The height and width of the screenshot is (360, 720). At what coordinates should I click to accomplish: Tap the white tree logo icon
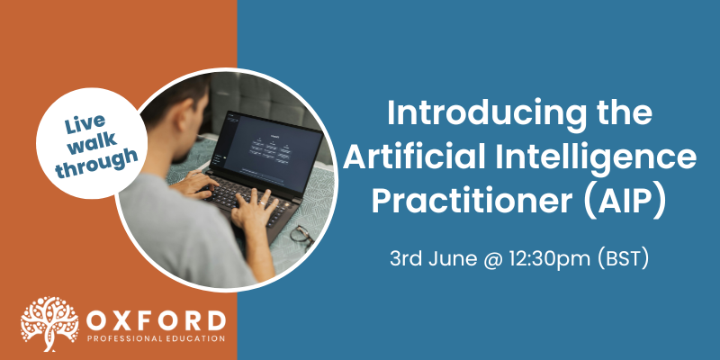[x=49, y=324]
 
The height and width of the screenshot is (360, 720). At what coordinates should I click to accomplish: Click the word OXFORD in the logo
[x=156, y=321]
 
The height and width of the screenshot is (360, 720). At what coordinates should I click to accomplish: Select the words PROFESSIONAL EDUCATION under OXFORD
[x=156, y=339]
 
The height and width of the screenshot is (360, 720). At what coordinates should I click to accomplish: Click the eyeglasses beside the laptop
[x=302, y=235]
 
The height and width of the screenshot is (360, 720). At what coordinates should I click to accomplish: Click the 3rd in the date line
[x=407, y=259]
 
